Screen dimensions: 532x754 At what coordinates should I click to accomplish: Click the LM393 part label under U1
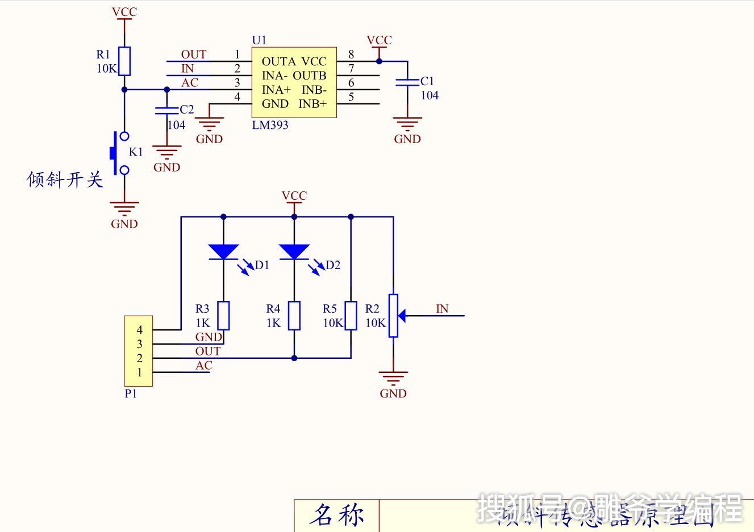click(x=270, y=125)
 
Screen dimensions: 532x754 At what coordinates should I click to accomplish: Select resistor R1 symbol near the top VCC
click(x=124, y=61)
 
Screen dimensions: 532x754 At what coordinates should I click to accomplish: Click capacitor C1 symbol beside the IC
click(x=407, y=82)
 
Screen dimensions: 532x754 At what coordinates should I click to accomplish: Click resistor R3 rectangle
click(x=224, y=316)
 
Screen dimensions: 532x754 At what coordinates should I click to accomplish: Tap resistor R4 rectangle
click(x=294, y=316)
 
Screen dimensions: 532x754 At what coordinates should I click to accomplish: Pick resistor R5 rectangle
click(x=351, y=316)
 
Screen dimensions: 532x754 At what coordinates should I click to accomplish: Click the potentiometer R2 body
click(x=393, y=316)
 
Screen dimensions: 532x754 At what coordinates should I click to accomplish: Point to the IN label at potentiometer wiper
click(x=442, y=309)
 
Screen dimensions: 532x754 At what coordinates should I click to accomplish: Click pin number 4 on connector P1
click(x=140, y=330)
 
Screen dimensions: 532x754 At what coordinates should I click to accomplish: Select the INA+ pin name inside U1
click(x=276, y=90)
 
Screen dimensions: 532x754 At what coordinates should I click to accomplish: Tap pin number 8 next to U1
click(x=351, y=55)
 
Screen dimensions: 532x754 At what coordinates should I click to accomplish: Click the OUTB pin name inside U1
click(x=310, y=76)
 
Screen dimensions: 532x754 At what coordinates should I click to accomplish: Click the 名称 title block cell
click(x=336, y=515)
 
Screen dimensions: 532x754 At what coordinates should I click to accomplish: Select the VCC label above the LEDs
click(x=294, y=196)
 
